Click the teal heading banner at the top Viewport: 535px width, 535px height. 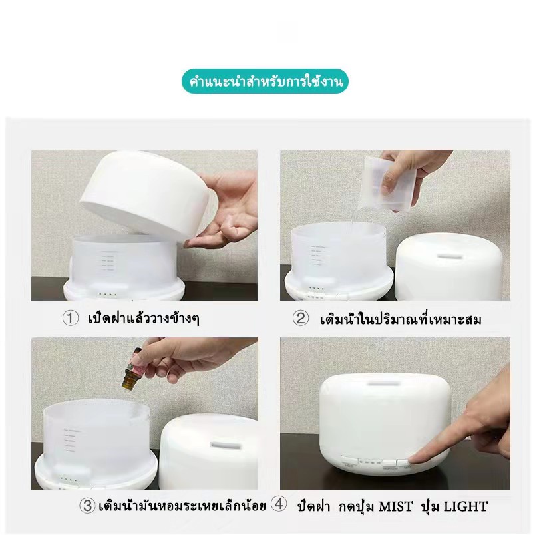coord(265,82)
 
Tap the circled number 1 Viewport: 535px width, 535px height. coord(71,318)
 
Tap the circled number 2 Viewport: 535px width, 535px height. coord(301,318)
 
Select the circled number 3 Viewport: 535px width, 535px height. coord(87,505)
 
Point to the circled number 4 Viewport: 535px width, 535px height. coord(279,504)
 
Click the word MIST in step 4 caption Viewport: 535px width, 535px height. coord(396,506)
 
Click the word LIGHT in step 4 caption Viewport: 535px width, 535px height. coord(465,506)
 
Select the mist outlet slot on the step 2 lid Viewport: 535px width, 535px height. coord(446,256)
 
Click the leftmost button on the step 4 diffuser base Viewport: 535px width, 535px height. coord(349,460)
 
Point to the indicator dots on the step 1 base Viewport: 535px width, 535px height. coord(108,295)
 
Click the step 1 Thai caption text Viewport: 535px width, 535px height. coord(144,318)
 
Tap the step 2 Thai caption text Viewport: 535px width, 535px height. coord(401,319)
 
